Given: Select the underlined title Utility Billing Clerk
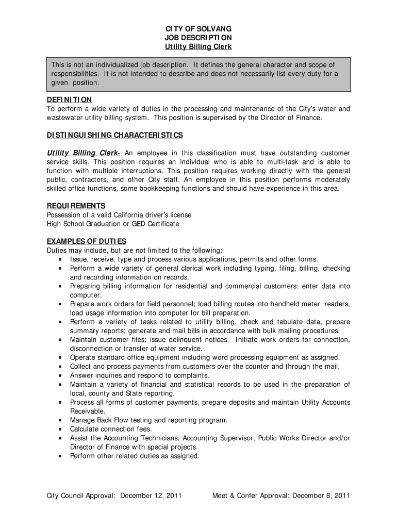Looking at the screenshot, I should [x=198, y=47].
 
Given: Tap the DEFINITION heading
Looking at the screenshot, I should [x=69, y=100].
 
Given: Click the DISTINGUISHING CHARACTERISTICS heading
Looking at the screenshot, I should [x=114, y=135].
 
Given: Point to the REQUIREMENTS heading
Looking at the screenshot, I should [x=76, y=206].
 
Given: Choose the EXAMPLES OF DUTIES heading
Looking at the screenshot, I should [x=87, y=241].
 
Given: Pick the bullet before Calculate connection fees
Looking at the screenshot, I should [x=61, y=430].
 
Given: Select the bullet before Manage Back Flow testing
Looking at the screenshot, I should [x=61, y=420].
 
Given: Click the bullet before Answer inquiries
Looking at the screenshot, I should [x=61, y=376].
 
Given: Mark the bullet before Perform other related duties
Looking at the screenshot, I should [x=61, y=456].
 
